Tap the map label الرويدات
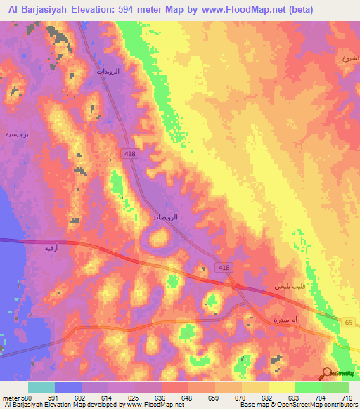tap(108, 72)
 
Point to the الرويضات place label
tap(165, 218)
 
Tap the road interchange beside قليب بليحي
tap(237, 286)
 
